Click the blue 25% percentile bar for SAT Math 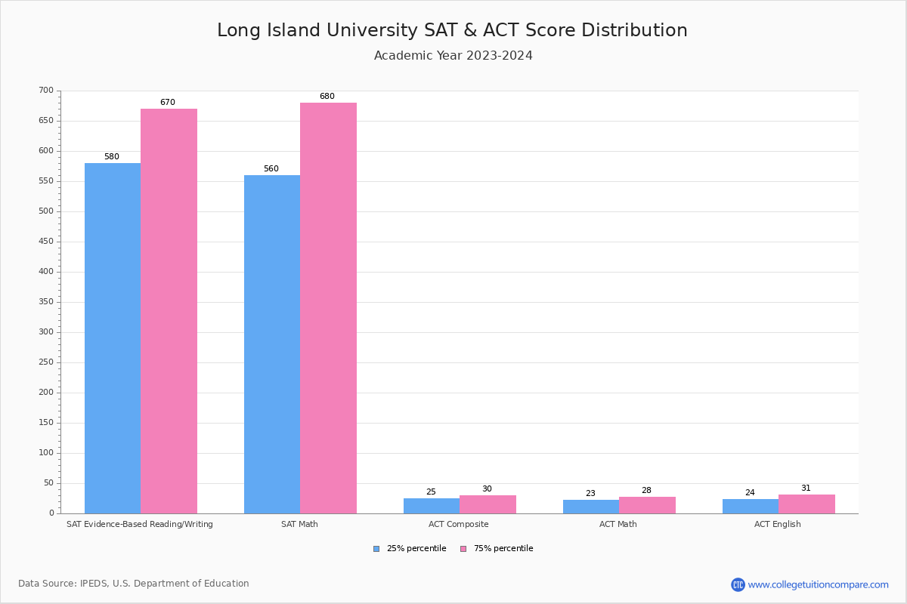[272, 344]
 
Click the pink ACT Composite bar [488, 504]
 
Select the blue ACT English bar [750, 506]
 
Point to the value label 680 [327, 97]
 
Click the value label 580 [112, 157]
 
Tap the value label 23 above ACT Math [590, 494]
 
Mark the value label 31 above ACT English [806, 488]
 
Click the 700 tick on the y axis [46, 91]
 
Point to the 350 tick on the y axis [46, 302]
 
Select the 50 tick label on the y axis [48, 483]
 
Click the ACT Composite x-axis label [458, 524]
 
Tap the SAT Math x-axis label [299, 524]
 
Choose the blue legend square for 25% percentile [376, 549]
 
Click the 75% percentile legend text [503, 549]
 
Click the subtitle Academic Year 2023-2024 [453, 56]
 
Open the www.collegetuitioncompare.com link [818, 584]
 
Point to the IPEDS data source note [134, 584]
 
